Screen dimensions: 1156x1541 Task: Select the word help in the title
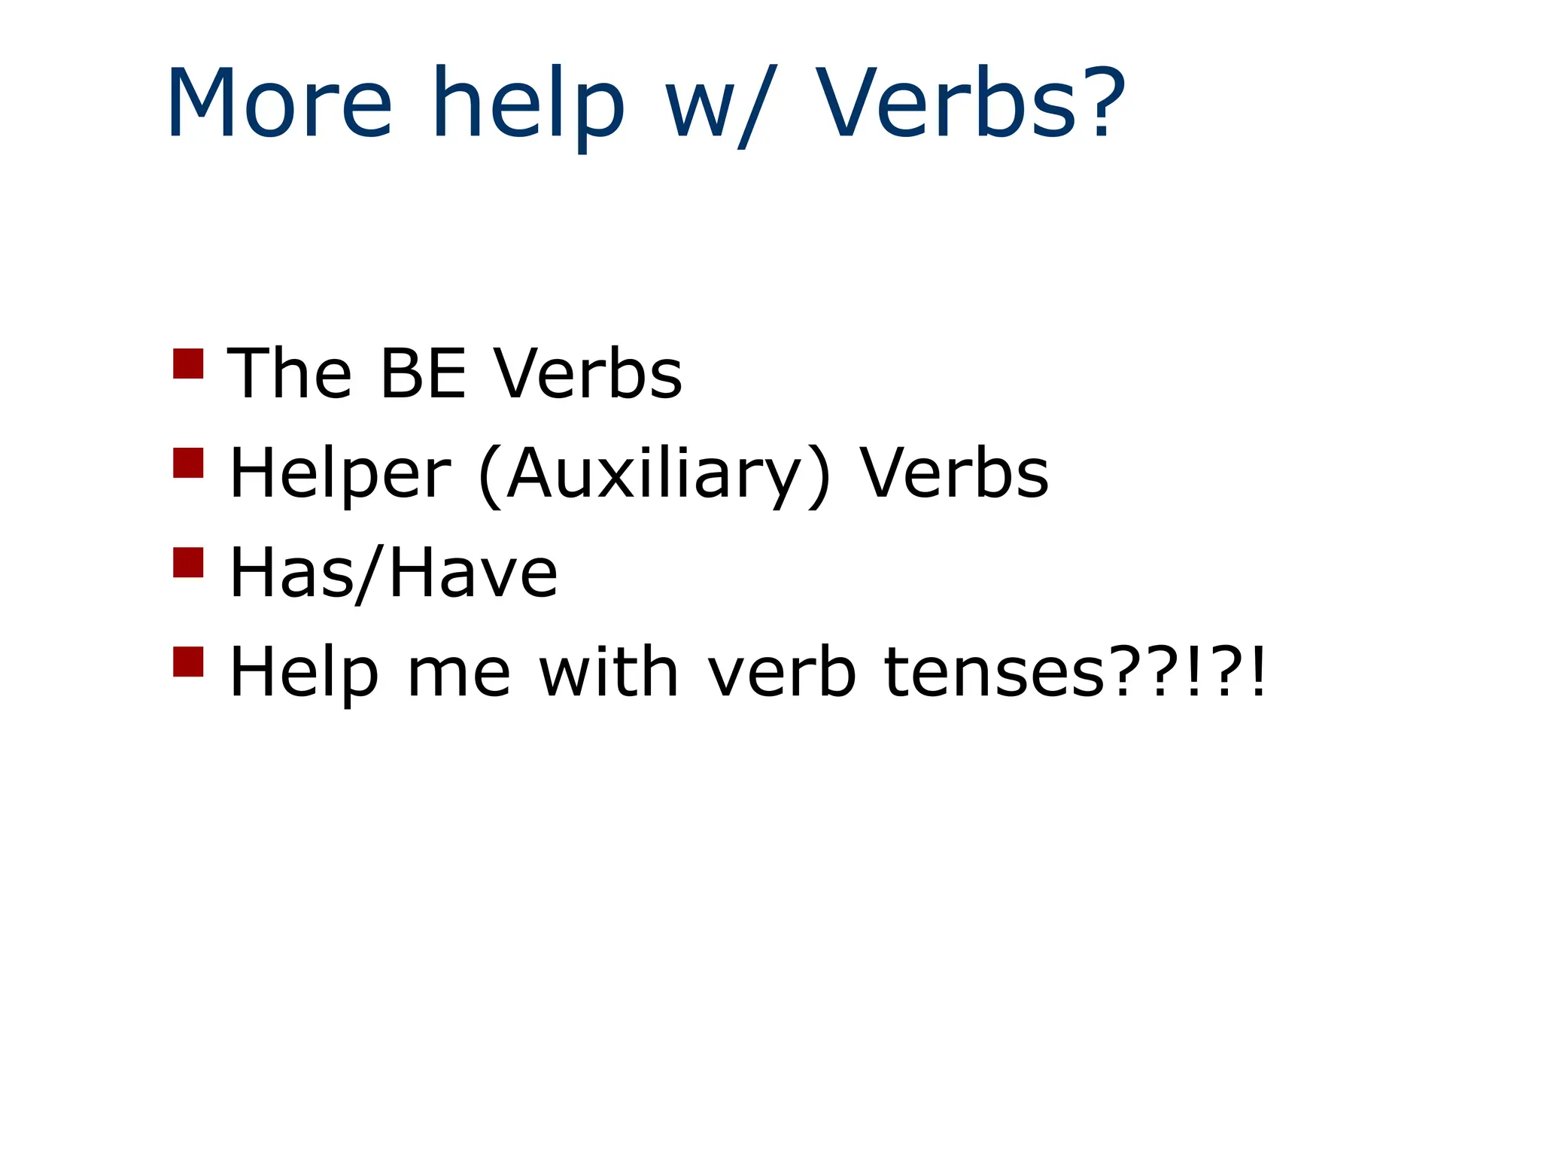coord(528,105)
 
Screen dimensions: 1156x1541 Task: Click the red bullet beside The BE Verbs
coord(188,364)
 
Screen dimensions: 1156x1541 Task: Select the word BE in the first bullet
coord(424,373)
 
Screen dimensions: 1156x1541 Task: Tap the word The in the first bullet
coord(290,373)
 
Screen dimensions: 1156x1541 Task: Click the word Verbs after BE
coord(588,373)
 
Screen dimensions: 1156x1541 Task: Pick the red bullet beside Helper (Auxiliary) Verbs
coord(188,463)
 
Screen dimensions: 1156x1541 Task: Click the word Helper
coord(339,473)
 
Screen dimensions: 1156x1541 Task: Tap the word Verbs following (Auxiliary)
coord(954,473)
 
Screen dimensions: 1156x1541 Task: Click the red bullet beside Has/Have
coord(188,562)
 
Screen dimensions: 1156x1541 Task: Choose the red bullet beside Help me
coord(188,662)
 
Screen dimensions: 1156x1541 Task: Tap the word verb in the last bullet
coord(782,671)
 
